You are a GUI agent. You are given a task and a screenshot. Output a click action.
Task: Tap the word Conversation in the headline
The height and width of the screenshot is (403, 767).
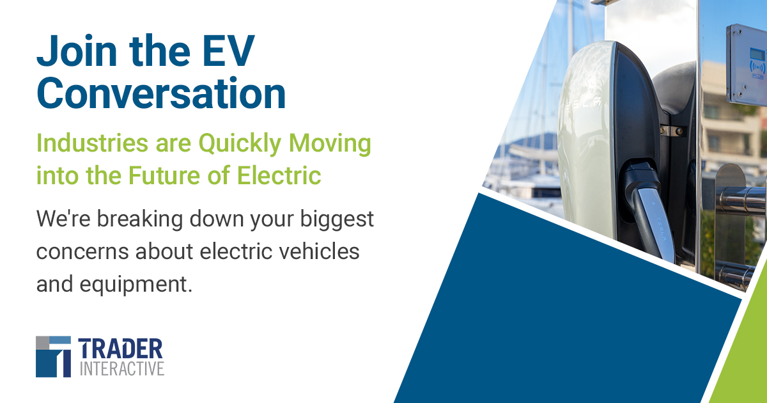coord(161,93)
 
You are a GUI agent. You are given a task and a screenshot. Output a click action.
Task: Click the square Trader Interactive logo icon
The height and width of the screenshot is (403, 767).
coord(53,356)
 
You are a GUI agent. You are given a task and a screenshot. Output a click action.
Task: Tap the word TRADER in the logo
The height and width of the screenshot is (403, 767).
coord(121,349)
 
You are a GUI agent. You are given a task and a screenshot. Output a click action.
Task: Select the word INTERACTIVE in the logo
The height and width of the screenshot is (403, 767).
coord(121,368)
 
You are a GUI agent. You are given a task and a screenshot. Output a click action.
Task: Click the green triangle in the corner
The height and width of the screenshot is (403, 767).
coord(745,358)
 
